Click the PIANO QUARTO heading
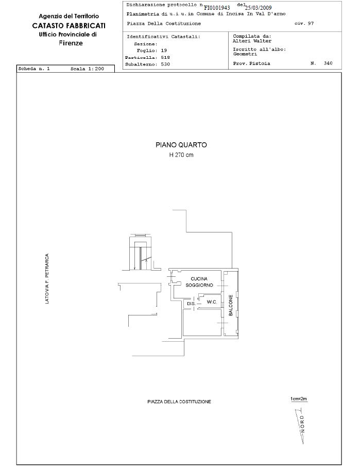(181, 145)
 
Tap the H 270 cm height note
(181, 155)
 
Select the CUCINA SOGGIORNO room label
(199, 282)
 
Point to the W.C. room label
(212, 302)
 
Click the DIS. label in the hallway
(191, 304)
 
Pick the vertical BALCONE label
(231, 305)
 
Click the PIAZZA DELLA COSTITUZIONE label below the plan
(179, 402)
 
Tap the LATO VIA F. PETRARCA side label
(47, 279)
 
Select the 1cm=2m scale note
(299, 399)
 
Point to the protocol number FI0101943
(217, 8)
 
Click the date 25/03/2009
(258, 8)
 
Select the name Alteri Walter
(252, 41)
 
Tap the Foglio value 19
(164, 51)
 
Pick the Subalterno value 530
(165, 64)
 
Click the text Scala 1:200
(87, 69)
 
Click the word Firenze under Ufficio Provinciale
(71, 43)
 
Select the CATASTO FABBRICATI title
(68, 26)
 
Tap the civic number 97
(311, 24)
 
